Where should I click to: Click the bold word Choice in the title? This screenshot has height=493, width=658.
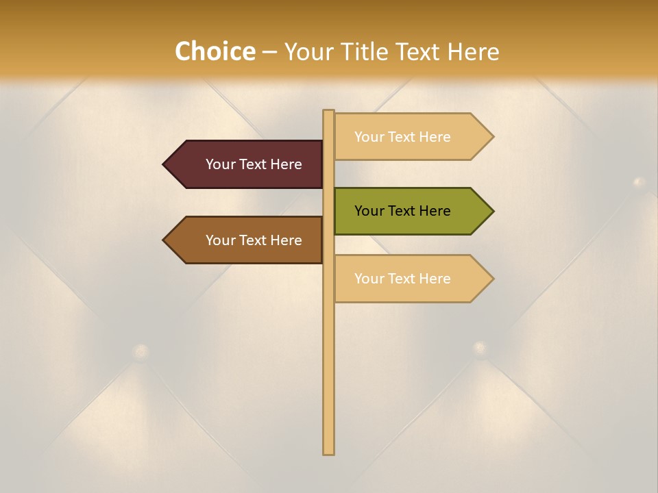pos(215,52)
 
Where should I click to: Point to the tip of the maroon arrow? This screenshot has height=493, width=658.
pos(165,164)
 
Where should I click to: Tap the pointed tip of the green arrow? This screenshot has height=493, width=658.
pos(491,211)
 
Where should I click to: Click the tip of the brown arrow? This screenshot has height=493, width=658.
pos(165,240)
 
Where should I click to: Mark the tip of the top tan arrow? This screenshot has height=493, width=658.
pos(491,137)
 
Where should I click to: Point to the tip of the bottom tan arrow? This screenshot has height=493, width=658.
pos(491,279)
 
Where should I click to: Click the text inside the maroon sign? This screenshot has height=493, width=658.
pos(254,164)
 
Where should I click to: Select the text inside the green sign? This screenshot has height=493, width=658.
pos(402,211)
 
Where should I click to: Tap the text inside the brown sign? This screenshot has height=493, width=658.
pos(254,240)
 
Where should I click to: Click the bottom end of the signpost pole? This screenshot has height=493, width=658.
pos(328,452)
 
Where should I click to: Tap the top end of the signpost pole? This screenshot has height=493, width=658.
pos(328,112)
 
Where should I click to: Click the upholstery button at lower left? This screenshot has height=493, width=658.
pos(141,352)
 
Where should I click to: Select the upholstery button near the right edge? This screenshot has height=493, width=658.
pos(639,182)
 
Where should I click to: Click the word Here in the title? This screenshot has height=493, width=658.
pos(473,52)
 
